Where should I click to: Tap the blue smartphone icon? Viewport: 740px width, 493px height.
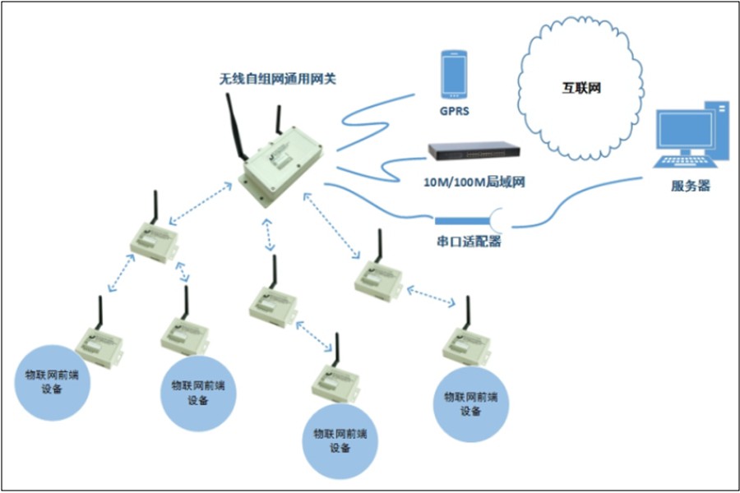454,75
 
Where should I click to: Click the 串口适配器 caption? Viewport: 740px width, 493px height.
469,242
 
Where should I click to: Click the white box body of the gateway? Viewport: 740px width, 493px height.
280,168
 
